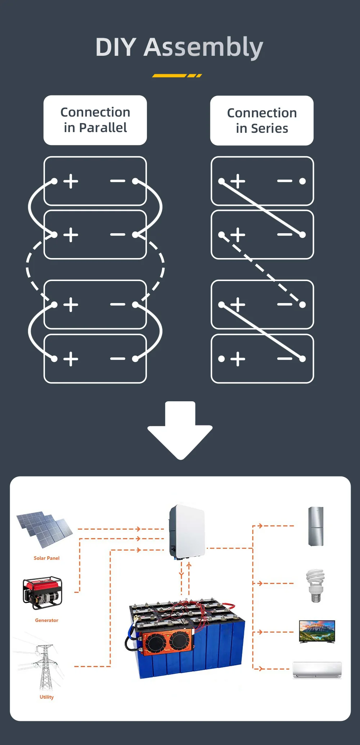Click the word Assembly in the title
pos(203,48)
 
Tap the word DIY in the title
pos(116,48)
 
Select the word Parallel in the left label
pos(103,128)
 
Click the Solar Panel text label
pos(46,558)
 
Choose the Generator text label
pos(46,620)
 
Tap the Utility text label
pos(46,697)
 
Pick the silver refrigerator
pos(316,526)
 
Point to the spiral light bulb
pos(315,585)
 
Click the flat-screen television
pos(317,631)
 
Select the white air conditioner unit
pos(317,670)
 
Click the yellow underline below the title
pos(177,76)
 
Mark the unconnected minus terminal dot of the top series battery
pos(302,181)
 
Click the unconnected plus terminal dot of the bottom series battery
pos(221,359)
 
